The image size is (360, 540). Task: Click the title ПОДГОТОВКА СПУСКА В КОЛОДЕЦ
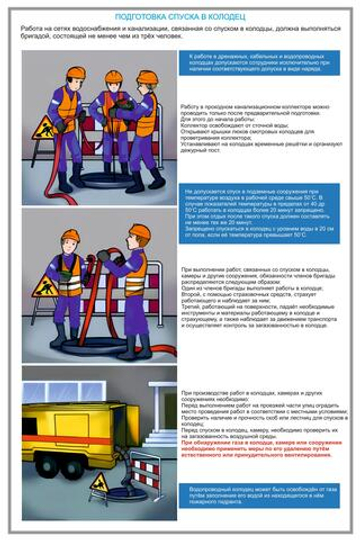point(179,17)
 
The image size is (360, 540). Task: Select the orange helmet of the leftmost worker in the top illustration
point(76,73)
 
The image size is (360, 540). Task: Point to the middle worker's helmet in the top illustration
point(113,76)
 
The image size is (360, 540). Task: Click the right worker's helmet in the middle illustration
point(140,232)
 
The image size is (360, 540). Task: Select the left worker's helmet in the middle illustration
point(70,237)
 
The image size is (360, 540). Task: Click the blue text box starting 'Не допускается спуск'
point(268,214)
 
